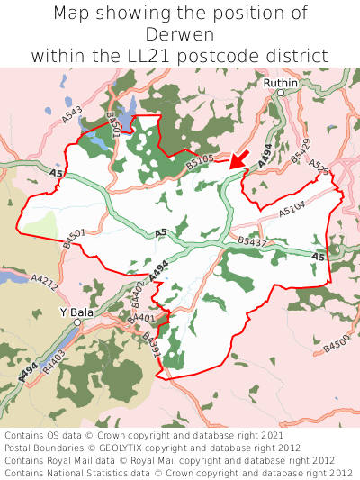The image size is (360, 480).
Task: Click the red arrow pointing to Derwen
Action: (238, 159)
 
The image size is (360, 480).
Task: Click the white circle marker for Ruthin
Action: (281, 93)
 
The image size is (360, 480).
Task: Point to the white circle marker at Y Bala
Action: (78, 322)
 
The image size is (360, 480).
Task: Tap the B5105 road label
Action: (200, 161)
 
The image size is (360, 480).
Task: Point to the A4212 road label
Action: (43, 285)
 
